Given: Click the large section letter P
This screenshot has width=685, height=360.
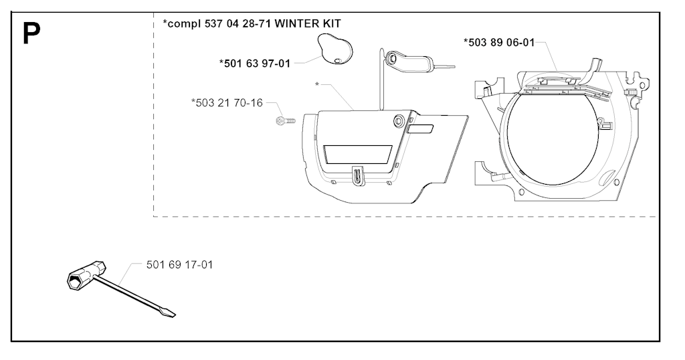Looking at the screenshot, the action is click(x=31, y=33).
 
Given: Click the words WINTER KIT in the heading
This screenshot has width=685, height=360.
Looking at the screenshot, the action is click(x=308, y=23).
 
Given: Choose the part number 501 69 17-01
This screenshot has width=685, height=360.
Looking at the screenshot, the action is click(x=179, y=265).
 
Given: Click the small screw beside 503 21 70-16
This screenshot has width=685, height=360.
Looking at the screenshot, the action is click(x=286, y=120).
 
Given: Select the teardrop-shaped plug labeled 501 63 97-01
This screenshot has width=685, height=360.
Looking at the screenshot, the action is click(x=334, y=49).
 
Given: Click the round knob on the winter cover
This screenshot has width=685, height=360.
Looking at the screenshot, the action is click(x=399, y=120).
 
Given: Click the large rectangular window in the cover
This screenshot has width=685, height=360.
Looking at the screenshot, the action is click(x=357, y=155).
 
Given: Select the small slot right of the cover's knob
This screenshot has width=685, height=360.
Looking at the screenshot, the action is click(x=420, y=129).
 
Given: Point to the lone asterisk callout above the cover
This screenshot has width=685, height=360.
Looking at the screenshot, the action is click(x=317, y=84).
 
